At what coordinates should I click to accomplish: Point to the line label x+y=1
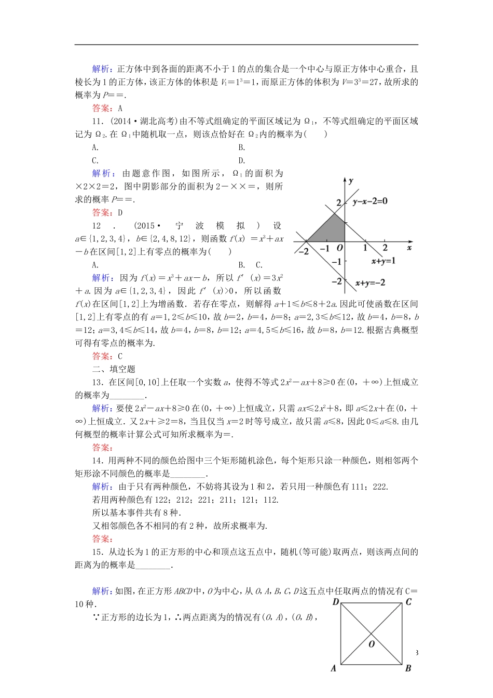coord(384,261)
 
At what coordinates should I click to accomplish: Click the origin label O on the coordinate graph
coord(340,248)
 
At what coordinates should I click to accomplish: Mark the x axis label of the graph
coord(409,248)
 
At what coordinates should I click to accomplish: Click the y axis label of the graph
coord(351,181)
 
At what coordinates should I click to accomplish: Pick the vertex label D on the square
coord(336,602)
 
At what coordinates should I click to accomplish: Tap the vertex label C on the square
coord(408,602)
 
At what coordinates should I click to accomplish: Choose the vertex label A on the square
coord(334,668)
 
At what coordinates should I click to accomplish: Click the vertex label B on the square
coord(408,668)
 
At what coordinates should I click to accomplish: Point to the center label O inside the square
coord(372,644)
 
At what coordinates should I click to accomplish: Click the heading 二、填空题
coord(114,369)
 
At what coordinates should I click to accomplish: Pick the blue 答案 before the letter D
coord(101,212)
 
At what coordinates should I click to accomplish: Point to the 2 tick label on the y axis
coord(338,203)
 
